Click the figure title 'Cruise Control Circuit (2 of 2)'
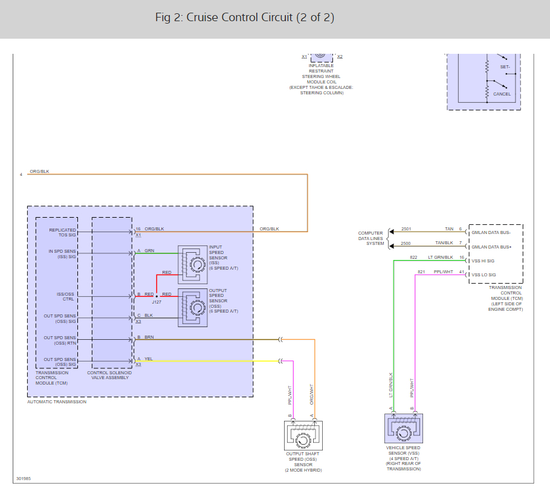click(x=244, y=18)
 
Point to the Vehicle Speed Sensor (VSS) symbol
click(x=403, y=431)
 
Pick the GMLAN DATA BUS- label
click(x=491, y=232)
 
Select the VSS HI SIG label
click(x=483, y=261)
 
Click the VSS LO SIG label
click(x=483, y=275)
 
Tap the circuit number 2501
click(x=406, y=229)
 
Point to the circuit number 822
click(x=413, y=258)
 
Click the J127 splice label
click(x=157, y=301)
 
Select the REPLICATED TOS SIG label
click(x=63, y=232)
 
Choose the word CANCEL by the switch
click(x=502, y=94)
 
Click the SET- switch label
click(x=505, y=67)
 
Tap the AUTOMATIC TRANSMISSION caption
click(x=57, y=402)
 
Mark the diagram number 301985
click(x=23, y=478)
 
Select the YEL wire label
click(x=149, y=359)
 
